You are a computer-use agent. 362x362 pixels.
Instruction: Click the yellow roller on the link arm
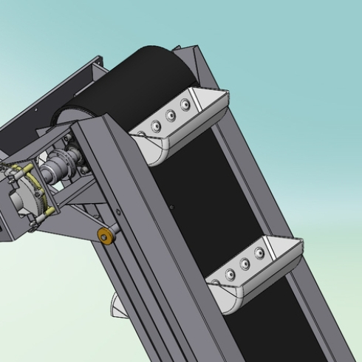pos(106,236)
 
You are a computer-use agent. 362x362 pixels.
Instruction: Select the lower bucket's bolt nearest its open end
pos(259,253)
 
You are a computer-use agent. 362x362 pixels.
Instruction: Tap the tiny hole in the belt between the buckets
pos(173,208)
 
